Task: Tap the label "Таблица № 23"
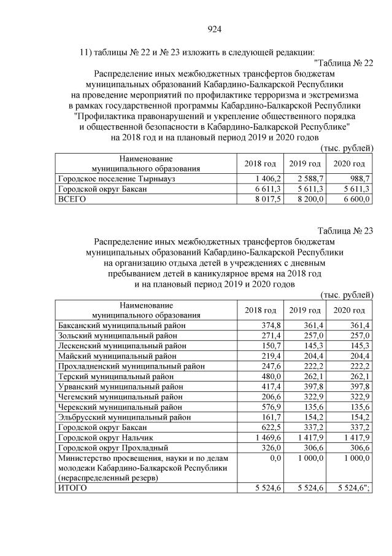click(x=345, y=230)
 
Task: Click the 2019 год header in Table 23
click(x=305, y=310)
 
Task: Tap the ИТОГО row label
click(x=72, y=487)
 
